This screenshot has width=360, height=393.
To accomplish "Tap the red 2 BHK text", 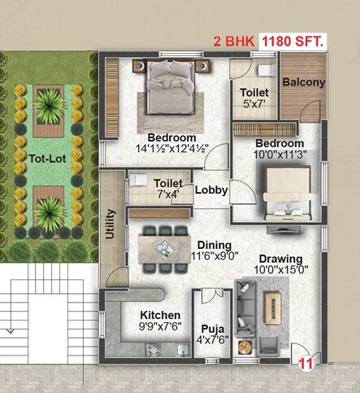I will pyautogui.click(x=233, y=40).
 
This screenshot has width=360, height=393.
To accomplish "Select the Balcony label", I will pyautogui.click(x=304, y=82).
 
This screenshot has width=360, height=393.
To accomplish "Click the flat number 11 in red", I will pyautogui.click(x=307, y=365).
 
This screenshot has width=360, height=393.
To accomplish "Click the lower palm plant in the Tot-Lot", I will pyautogui.click(x=50, y=211).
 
